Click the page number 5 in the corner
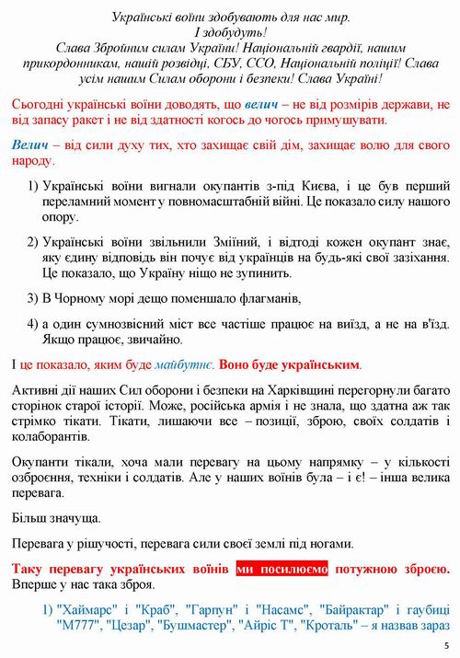click(445, 645)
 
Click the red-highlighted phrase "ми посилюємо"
click(282, 570)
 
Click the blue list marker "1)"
click(49, 609)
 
